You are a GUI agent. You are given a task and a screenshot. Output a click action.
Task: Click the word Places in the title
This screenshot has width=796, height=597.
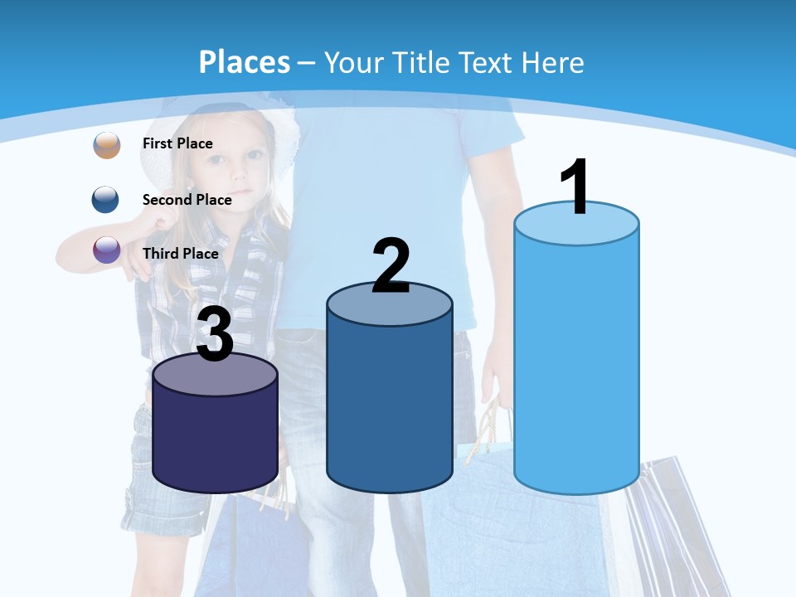[x=245, y=62]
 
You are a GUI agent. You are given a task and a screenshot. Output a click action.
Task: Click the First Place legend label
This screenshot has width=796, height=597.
[x=177, y=143]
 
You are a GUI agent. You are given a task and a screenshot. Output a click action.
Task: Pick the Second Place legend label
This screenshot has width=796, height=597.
[x=187, y=199]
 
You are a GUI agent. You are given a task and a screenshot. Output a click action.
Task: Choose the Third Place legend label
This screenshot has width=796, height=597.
[x=180, y=253]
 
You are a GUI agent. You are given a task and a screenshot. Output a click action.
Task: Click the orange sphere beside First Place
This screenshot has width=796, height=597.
[x=107, y=145]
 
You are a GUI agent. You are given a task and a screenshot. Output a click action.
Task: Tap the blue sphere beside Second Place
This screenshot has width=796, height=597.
[x=107, y=199]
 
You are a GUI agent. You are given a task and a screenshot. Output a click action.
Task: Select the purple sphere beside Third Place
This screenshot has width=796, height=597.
[x=107, y=250]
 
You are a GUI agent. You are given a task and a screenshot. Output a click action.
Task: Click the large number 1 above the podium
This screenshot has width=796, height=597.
[x=575, y=187]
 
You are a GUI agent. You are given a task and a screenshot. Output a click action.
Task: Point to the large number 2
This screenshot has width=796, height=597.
[x=391, y=265]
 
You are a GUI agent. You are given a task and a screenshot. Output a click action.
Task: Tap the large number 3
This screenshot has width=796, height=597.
[x=215, y=336]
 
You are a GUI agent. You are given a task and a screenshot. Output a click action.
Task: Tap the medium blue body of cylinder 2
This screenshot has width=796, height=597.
[x=390, y=406]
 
